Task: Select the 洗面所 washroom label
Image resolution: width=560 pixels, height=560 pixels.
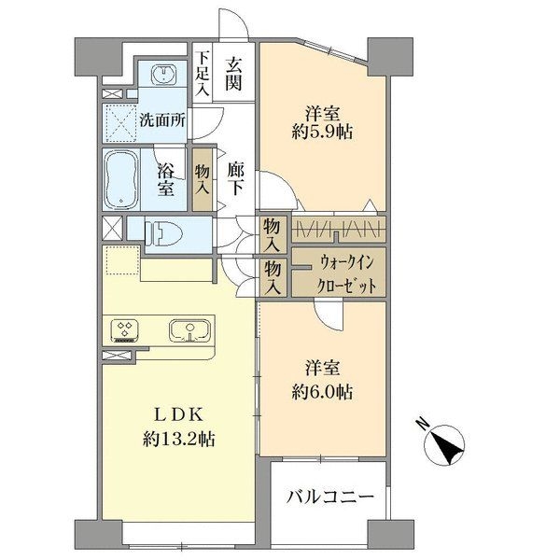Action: point(160,119)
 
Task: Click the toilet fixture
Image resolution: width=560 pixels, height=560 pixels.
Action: point(164,229)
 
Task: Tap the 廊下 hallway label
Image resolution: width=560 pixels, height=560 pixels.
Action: point(235,177)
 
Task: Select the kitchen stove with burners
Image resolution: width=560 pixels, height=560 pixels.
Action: point(124,329)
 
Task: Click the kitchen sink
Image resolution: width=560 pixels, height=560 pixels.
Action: point(188,329)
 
